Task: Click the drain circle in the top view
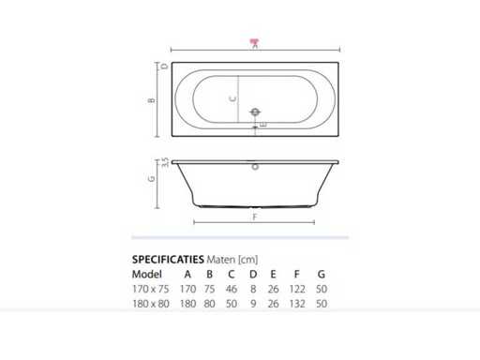(255, 112)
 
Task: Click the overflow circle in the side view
(255, 167)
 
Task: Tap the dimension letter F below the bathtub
(255, 217)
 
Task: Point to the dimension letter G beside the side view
(152, 179)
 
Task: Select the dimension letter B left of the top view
(152, 100)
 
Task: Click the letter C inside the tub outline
(232, 99)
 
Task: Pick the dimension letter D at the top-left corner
(165, 67)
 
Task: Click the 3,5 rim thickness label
(165, 162)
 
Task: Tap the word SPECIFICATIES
(168, 260)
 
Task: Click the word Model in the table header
(147, 275)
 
